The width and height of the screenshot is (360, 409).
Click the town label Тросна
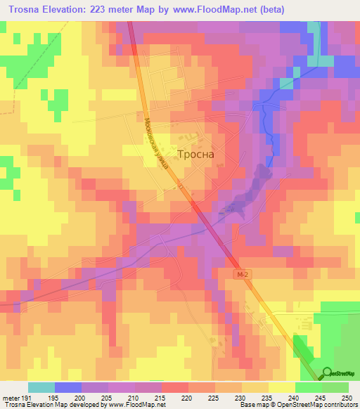click(x=195, y=155)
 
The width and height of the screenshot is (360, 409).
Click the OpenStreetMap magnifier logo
click(x=328, y=372)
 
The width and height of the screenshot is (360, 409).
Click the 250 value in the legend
click(x=345, y=398)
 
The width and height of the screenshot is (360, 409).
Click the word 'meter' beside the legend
click(x=10, y=398)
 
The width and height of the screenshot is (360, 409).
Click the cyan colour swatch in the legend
click(x=41, y=387)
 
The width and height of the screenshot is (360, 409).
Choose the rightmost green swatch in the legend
click(x=335, y=387)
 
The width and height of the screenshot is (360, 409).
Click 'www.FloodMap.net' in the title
click(x=234, y=9)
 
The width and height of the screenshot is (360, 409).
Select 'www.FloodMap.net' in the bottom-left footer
click(x=134, y=405)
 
